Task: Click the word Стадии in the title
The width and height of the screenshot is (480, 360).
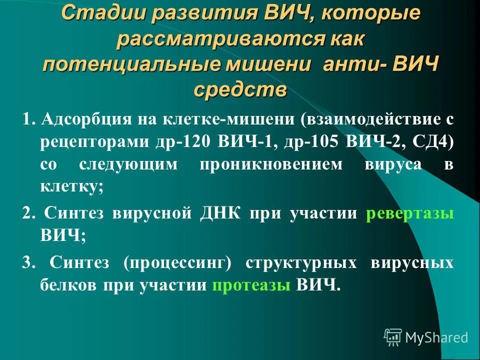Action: [x=96, y=15]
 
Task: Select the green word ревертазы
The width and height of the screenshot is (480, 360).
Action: [x=410, y=213]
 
